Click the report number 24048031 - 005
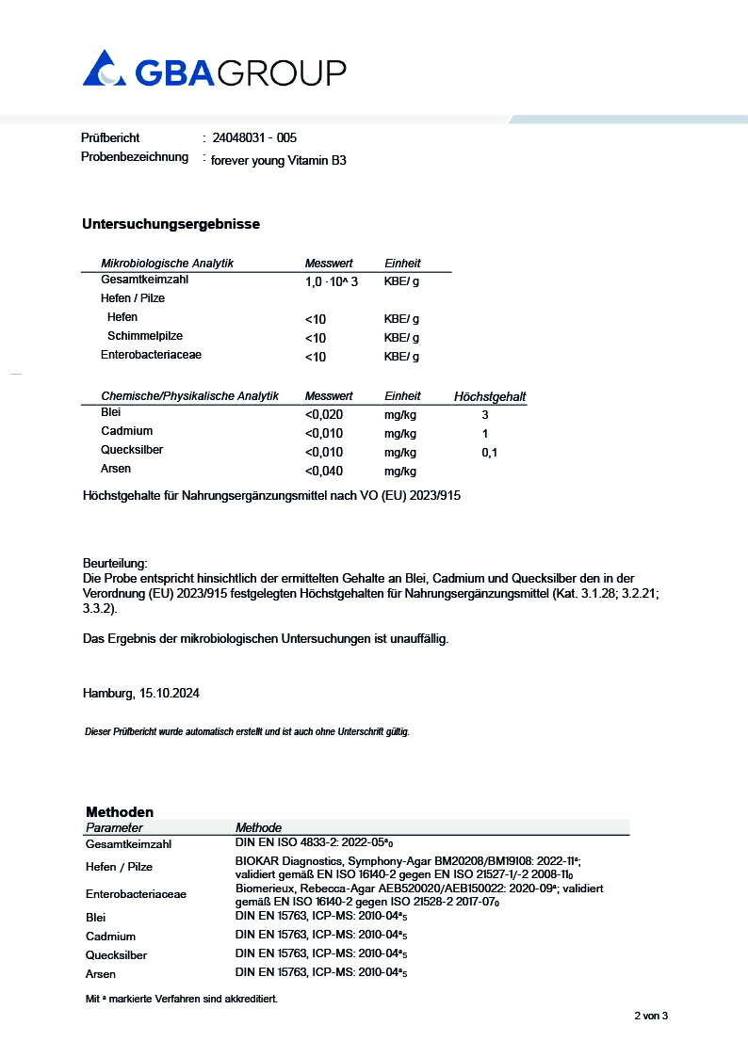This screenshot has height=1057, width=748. pos(254,137)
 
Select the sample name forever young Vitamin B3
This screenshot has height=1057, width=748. pos(279,161)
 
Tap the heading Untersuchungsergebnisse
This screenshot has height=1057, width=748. pos(171,224)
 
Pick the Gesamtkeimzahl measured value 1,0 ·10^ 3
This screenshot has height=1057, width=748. pos(331,281)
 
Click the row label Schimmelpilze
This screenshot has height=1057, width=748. pos(145,336)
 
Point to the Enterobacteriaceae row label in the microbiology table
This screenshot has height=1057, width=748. pos(151,355)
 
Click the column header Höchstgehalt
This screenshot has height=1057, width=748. pos(490,397)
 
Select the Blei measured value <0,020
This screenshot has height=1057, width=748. pos(324,414)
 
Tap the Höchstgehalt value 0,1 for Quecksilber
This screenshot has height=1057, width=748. pos(489,453)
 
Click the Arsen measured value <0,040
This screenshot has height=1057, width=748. pos(324,471)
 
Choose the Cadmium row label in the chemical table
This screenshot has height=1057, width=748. pos(126,431)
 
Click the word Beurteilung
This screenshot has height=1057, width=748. pos(115,562)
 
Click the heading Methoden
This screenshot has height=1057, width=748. pos(120,811)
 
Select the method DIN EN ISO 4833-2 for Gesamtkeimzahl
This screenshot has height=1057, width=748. pos(320,843)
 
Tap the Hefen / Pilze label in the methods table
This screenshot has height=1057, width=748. pos(119,867)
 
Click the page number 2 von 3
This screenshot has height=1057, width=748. pos(650,1016)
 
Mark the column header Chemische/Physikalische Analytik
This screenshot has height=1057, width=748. pos(189,396)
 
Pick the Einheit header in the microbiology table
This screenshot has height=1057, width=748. pos(402,264)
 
